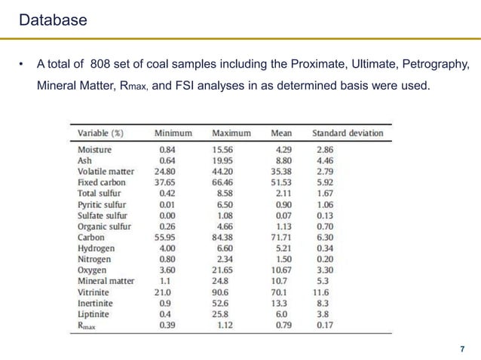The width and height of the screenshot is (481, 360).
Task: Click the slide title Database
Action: coord(53,20)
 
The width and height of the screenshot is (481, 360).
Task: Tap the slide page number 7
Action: coord(462,349)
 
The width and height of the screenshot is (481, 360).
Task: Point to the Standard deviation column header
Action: coord(348,133)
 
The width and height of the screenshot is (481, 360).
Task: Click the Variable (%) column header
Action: coord(101,133)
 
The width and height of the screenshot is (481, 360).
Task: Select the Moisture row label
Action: coord(95,150)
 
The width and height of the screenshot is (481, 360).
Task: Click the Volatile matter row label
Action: coord(106,172)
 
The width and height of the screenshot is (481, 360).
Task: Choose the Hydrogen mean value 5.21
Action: coord(282,248)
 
